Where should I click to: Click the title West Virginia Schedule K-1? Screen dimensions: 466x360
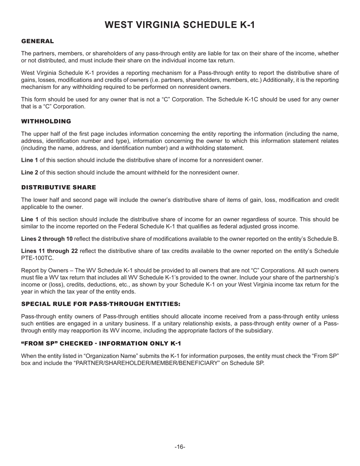click(180, 25)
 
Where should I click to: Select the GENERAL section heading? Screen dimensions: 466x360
click(38, 41)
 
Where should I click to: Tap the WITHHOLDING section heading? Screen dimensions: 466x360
click(46, 121)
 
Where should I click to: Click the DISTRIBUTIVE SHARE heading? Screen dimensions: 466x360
click(58, 188)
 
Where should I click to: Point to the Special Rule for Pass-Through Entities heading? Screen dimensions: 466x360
click(100, 304)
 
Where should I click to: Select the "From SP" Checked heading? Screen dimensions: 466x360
click(101, 343)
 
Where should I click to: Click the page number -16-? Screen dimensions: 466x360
click(180, 447)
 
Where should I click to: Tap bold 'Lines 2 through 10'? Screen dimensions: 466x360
click(47, 239)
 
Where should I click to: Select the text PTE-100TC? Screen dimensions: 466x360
click(37, 258)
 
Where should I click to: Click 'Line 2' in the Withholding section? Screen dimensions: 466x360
click(30, 172)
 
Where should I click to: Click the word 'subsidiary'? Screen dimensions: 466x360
click(259, 330)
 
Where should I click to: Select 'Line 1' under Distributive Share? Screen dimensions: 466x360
click(30, 219)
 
